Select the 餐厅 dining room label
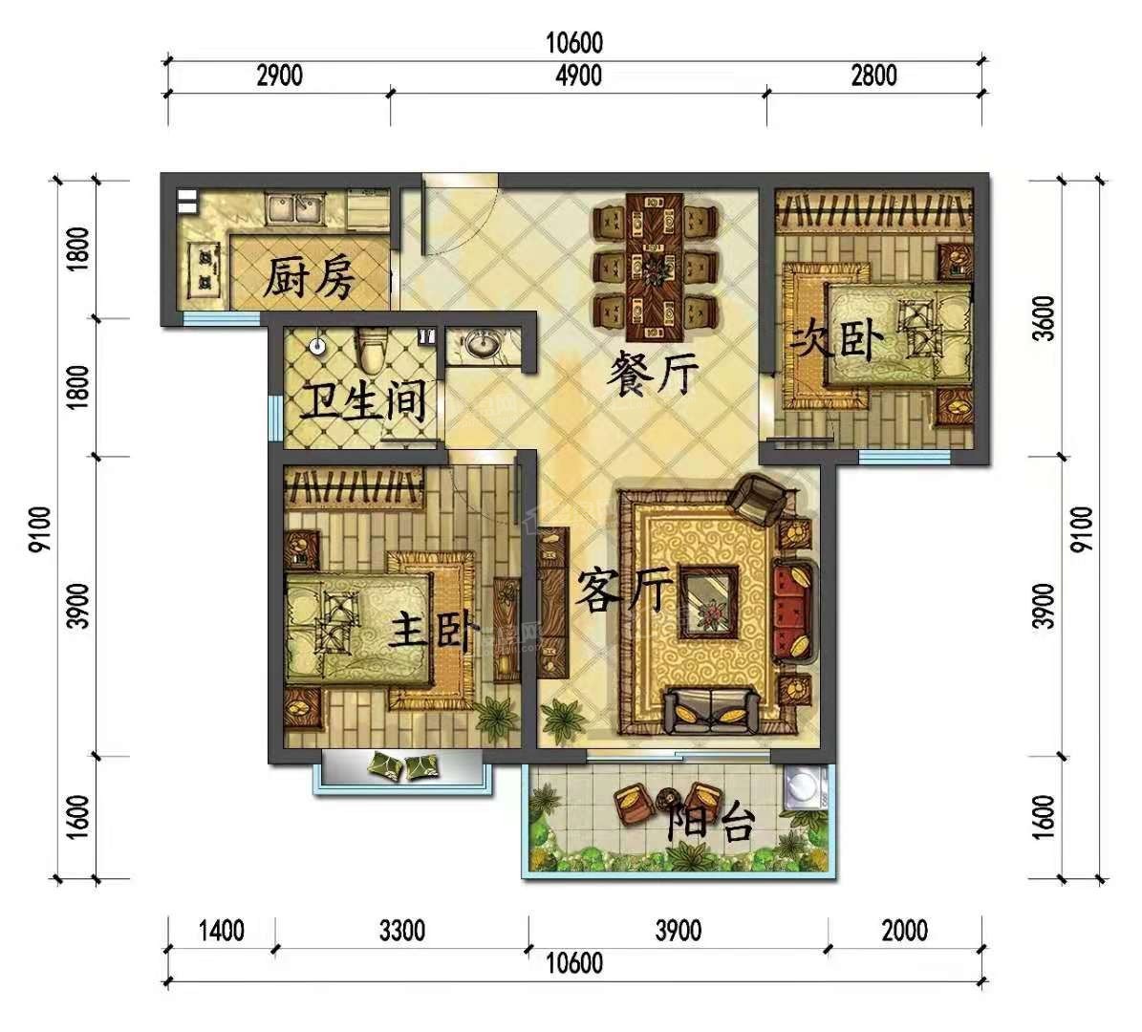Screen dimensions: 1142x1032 click(653, 373)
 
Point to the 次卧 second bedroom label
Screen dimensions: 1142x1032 click(838, 340)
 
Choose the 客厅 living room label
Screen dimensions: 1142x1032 click(624, 590)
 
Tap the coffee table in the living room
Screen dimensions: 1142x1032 click(708, 602)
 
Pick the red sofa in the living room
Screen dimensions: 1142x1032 click(793, 611)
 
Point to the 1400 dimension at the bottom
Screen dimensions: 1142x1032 click(222, 930)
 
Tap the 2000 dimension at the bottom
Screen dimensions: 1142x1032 click(905, 930)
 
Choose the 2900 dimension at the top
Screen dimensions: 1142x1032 click(280, 75)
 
